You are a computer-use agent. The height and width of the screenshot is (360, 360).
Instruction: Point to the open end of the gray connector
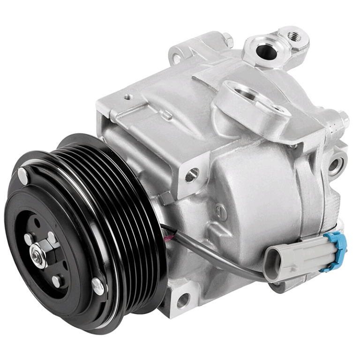272,259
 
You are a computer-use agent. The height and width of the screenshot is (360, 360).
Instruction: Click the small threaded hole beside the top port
293,35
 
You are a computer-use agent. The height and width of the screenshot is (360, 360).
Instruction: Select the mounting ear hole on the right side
336,165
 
